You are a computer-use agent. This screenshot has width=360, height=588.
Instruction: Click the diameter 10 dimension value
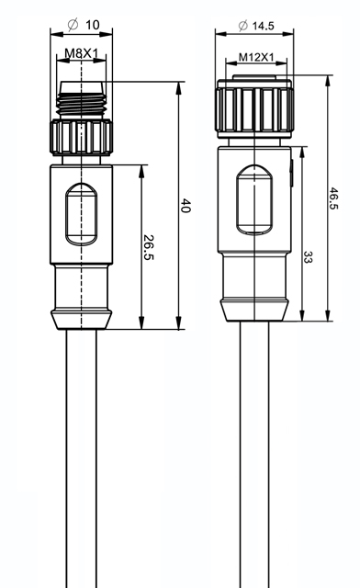click(93, 25)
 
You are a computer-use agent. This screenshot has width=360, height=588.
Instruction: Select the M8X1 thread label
click(81, 53)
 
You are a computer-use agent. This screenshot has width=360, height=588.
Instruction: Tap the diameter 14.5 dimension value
click(263, 26)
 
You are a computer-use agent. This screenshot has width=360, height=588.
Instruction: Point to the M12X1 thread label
click(256, 57)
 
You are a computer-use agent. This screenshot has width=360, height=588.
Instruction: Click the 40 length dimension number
click(186, 206)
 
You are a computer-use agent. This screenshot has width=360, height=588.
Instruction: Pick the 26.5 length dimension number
click(149, 247)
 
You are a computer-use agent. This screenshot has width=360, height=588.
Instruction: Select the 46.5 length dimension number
click(333, 198)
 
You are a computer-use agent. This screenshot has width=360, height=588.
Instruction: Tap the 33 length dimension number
click(308, 257)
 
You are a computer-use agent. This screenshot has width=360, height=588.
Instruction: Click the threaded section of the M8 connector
click(81, 104)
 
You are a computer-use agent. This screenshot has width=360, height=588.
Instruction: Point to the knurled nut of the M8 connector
click(81, 137)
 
